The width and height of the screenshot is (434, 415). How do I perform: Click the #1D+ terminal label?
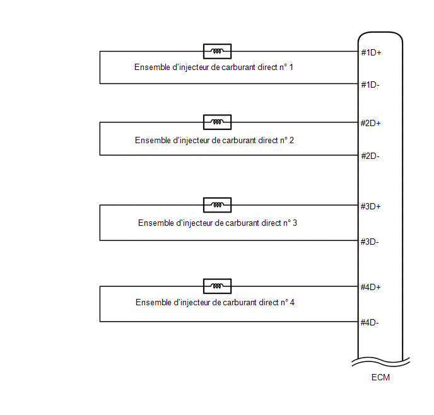(371, 52)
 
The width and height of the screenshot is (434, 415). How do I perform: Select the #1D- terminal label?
(370, 85)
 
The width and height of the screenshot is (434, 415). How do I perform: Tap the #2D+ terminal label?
(371, 123)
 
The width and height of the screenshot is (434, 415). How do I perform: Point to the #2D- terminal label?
(370, 156)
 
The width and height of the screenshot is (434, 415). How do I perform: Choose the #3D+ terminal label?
(371, 206)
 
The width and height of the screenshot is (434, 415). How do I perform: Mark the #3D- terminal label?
(370, 242)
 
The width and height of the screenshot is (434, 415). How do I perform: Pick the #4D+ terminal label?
(371, 287)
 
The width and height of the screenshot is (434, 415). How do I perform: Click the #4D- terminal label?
(370, 322)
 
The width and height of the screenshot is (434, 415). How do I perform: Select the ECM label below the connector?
(380, 377)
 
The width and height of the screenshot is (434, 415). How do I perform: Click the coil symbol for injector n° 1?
(217, 51)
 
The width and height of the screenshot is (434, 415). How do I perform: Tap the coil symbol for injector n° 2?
(217, 122)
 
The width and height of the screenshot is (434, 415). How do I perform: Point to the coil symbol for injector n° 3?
(217, 205)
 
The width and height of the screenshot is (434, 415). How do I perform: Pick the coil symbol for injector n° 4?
(217, 286)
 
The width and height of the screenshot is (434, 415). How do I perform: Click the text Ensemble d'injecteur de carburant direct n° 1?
(214, 67)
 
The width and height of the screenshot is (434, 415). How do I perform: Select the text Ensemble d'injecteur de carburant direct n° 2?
(214, 141)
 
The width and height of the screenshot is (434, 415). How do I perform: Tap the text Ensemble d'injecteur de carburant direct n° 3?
(218, 223)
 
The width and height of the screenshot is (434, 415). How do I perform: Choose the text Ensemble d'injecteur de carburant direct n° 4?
(215, 302)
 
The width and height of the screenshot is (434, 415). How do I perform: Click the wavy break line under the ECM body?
(381, 362)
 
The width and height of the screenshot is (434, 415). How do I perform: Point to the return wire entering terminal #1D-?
(229, 83)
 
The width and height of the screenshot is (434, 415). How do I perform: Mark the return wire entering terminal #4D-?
(229, 322)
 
